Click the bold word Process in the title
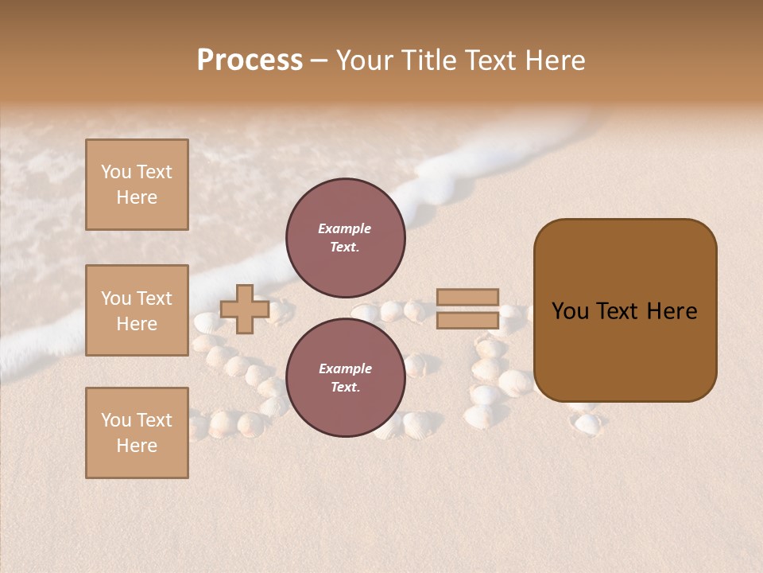[250, 60]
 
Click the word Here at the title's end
[554, 60]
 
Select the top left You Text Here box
[137, 185]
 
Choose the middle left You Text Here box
[137, 310]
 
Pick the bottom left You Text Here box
[137, 433]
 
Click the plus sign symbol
[245, 309]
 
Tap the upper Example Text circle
[345, 237]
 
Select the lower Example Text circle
[345, 377]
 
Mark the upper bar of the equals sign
[467, 298]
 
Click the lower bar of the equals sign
[467, 320]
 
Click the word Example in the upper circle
[345, 228]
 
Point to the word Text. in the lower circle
[345, 387]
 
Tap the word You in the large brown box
[570, 311]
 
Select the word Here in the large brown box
[672, 311]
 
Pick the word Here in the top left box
[137, 197]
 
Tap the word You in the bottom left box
[116, 420]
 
